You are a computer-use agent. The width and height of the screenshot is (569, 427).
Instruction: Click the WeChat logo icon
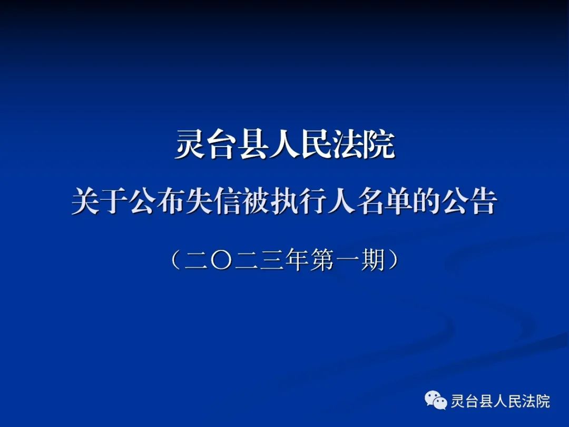436,400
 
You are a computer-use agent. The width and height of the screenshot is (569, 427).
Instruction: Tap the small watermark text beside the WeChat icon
501,401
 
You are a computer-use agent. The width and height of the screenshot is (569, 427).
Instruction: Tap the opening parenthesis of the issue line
175,260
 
